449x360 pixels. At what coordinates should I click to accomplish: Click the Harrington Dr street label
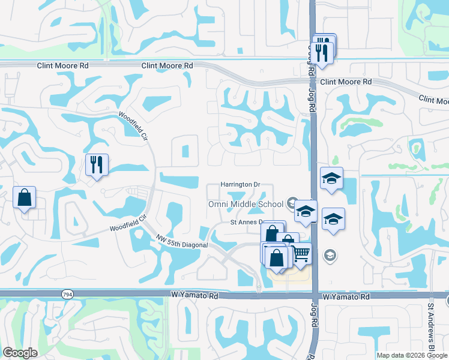click(x=240, y=184)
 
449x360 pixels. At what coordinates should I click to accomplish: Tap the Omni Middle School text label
click(x=246, y=204)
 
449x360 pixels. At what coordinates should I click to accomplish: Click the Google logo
click(x=19, y=353)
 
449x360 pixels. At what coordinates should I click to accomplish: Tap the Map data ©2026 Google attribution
click(x=412, y=355)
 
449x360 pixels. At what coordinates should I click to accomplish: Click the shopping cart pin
click(x=301, y=254)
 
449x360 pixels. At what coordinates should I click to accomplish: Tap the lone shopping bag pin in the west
click(x=24, y=197)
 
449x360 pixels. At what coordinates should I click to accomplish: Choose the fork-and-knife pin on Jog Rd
click(x=323, y=52)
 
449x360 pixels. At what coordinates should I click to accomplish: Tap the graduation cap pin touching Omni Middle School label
click(x=306, y=211)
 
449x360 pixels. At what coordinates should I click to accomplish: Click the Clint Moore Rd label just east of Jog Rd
click(x=346, y=82)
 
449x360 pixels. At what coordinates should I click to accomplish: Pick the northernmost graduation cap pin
click(x=331, y=178)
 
